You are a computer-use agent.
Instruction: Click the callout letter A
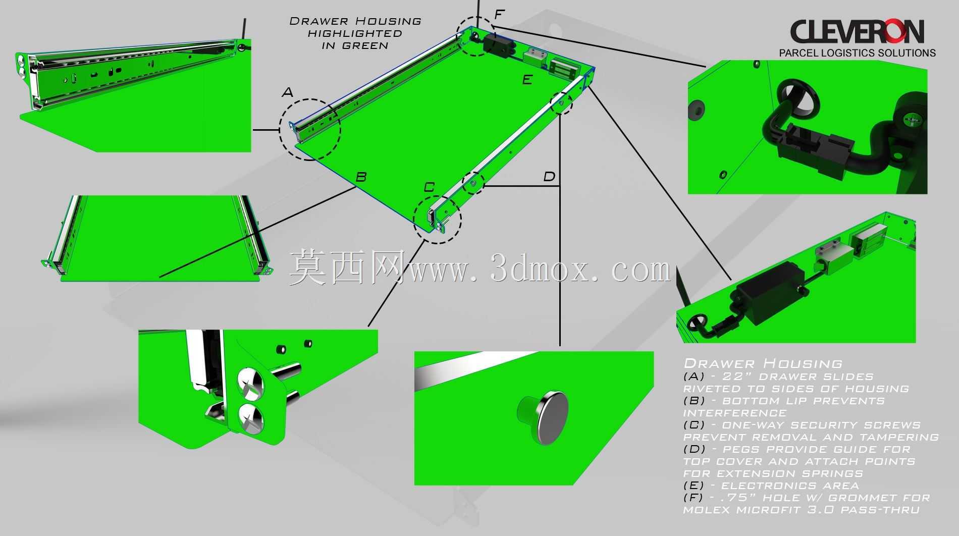(287, 92)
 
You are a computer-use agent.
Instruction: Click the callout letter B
(361, 177)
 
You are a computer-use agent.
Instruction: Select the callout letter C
(429, 187)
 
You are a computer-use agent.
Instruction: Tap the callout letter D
(549, 177)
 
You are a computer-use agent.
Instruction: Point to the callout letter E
(527, 80)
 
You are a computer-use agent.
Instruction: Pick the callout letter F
(499, 14)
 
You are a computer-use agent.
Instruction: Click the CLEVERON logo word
(857, 31)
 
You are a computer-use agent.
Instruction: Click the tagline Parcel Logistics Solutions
(858, 52)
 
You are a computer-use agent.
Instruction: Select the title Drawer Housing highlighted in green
(355, 33)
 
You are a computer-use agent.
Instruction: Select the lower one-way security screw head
(251, 417)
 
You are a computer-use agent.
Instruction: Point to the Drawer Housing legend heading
(763, 363)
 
